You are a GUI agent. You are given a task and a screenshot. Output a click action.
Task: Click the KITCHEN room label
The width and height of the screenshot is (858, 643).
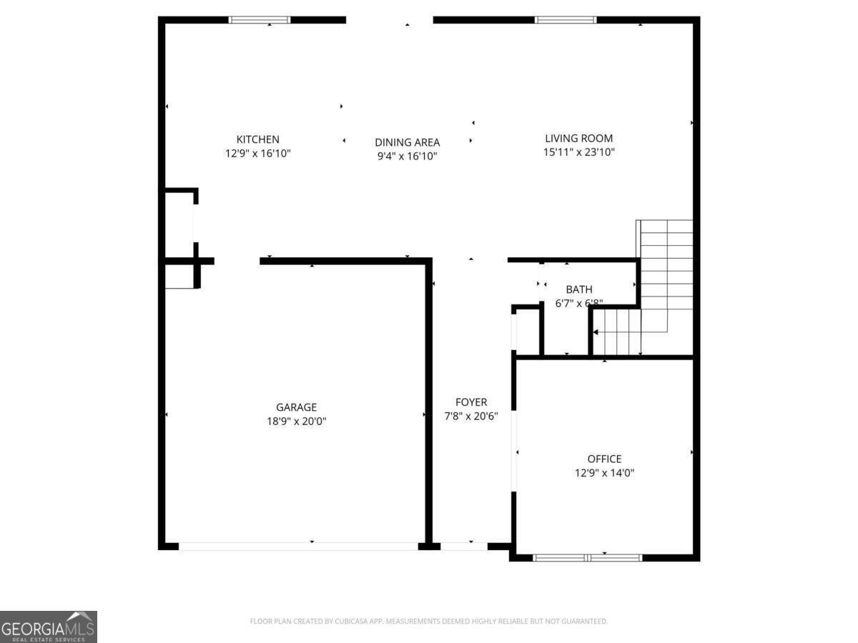[x=257, y=139]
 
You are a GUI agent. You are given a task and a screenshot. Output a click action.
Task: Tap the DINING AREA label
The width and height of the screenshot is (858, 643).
[x=407, y=142]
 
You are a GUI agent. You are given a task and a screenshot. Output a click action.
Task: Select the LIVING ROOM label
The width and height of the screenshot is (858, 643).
[x=578, y=139]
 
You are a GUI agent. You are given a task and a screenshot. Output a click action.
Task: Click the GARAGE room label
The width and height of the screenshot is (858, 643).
[x=296, y=407]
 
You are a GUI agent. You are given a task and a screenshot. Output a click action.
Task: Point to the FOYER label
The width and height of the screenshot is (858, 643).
[x=471, y=402]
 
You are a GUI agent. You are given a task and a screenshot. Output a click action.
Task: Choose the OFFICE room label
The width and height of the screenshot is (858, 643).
[x=604, y=459]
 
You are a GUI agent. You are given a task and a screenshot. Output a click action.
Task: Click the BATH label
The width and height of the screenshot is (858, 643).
[x=578, y=289]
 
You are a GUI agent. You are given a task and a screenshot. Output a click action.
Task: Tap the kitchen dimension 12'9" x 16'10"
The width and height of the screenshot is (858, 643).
[x=257, y=153]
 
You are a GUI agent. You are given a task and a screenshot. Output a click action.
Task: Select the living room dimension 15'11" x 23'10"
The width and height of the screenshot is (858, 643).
[x=578, y=152]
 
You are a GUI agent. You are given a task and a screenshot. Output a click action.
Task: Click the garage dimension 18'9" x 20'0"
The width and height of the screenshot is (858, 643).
[x=296, y=421]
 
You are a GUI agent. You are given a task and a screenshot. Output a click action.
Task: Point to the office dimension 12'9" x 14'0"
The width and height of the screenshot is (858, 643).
[x=604, y=472]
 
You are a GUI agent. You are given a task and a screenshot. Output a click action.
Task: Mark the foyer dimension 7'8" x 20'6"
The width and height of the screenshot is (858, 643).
[x=471, y=416]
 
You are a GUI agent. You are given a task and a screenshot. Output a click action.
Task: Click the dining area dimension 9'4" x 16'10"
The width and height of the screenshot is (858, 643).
[x=407, y=156]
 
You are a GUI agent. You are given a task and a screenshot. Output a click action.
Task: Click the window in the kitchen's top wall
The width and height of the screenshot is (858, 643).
[x=260, y=20]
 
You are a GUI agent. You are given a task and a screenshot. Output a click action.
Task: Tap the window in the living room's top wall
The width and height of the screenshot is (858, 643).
[x=566, y=20]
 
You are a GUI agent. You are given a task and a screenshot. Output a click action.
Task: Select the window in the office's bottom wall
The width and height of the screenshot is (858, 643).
[x=588, y=557]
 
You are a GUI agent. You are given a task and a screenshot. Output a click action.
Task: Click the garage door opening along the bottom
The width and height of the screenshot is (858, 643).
[x=298, y=546]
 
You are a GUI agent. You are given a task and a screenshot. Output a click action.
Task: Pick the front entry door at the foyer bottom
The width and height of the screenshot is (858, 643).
[x=463, y=546]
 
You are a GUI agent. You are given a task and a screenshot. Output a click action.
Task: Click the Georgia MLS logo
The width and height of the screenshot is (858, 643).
[x=48, y=627]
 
